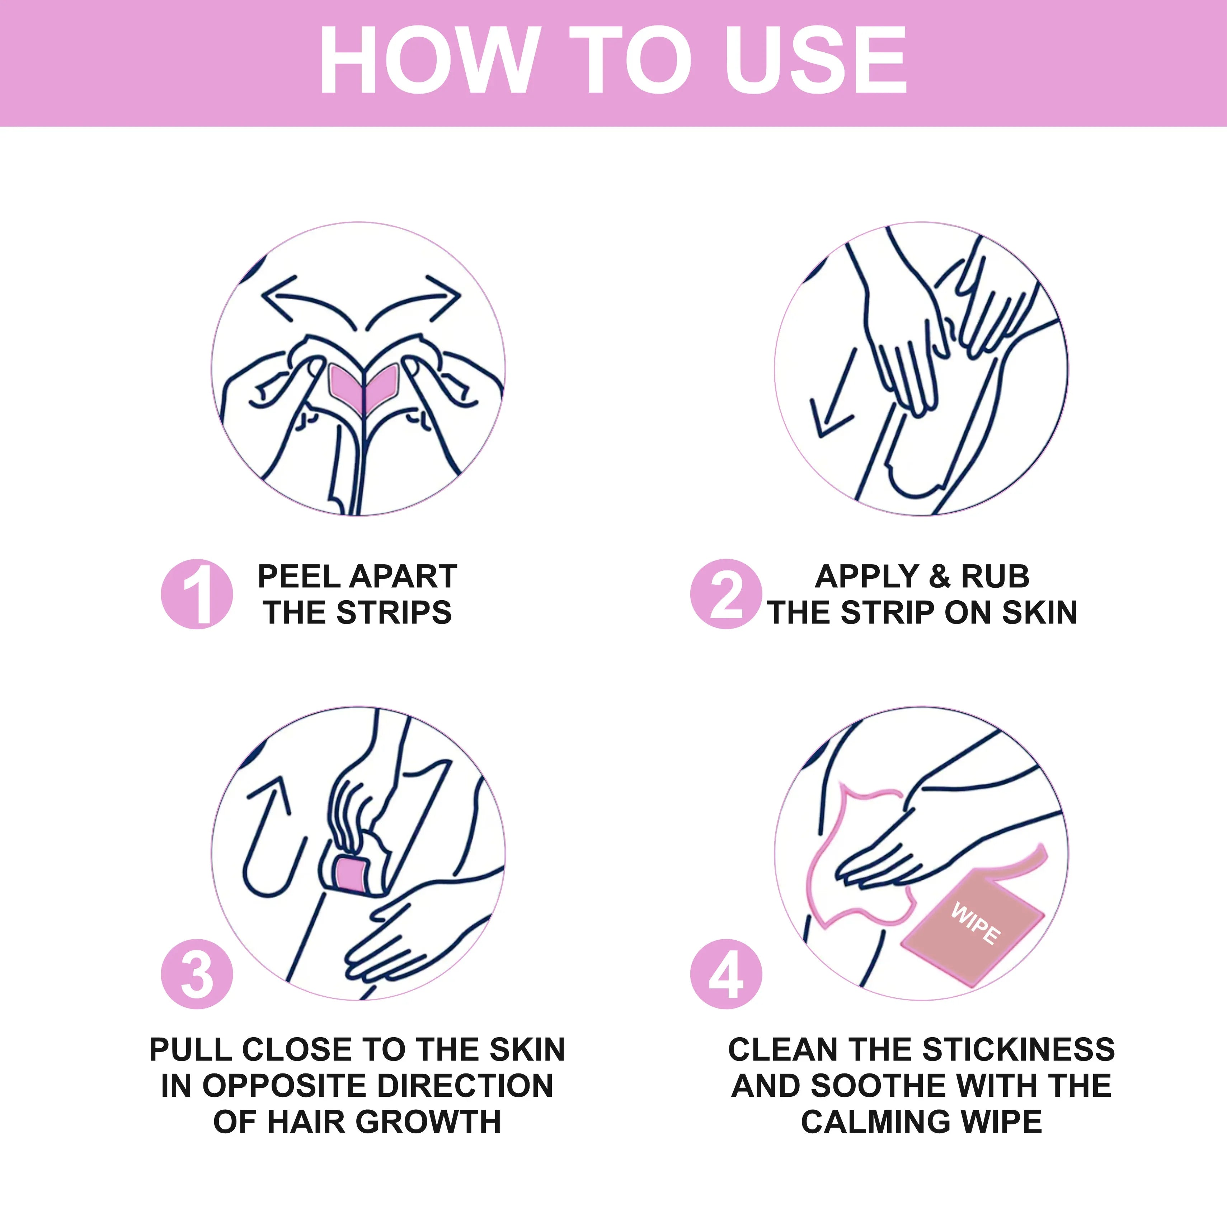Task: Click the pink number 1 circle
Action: click(197, 594)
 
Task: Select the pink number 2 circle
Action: click(726, 594)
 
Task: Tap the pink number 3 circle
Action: click(197, 974)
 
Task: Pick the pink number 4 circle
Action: click(726, 974)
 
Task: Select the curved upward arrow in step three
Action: click(270, 838)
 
